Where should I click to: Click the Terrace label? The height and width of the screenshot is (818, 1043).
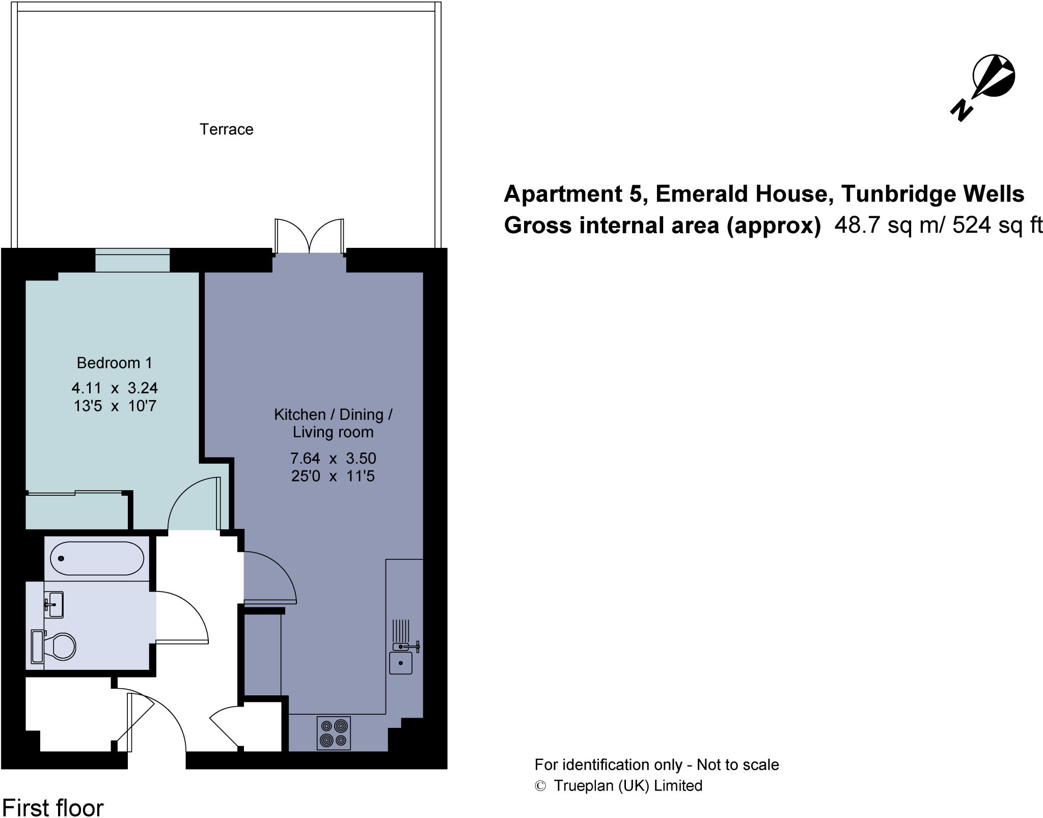(226, 129)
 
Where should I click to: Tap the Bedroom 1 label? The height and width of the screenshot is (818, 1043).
(114, 363)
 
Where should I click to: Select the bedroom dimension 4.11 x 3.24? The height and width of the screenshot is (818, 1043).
(115, 388)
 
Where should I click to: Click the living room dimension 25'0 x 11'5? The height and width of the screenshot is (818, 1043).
(333, 476)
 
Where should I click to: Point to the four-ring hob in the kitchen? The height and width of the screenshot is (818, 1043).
(334, 733)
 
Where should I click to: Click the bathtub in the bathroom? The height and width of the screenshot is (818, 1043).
(97, 558)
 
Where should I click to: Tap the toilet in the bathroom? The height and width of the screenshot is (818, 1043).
(62, 646)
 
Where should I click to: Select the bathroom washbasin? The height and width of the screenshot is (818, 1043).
(54, 604)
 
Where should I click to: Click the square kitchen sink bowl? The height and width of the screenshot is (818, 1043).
(401, 663)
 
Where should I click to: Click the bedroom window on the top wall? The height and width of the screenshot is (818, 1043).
(132, 260)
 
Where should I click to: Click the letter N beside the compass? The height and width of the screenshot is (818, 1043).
(961, 110)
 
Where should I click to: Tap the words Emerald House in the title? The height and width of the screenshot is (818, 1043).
(744, 194)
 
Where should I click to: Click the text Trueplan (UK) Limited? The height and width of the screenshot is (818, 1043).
(628, 785)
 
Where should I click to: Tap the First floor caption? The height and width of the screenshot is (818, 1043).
(53, 807)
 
